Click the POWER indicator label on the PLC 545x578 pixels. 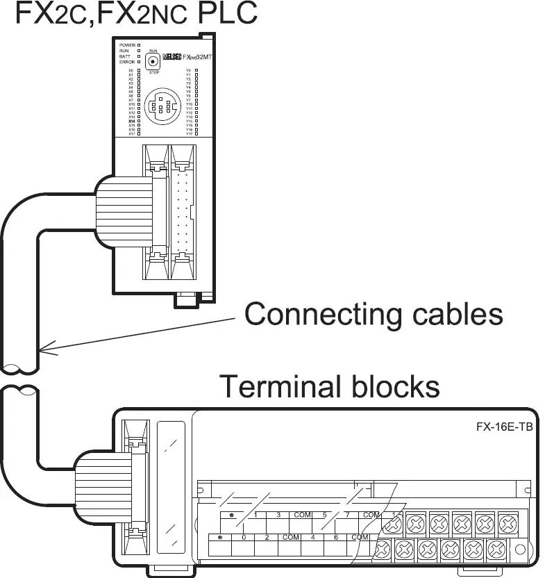[x=126, y=45]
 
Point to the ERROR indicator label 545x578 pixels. [x=126, y=62]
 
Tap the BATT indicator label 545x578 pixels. [x=125, y=56]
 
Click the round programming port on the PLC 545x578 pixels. [x=160, y=107]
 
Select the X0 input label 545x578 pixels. [x=131, y=71]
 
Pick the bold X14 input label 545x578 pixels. [x=131, y=121]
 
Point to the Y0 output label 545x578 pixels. [x=188, y=71]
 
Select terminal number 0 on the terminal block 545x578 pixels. [x=244, y=538]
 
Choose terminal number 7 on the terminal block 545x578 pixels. [x=347, y=515]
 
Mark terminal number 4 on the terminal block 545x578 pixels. [x=313, y=538]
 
